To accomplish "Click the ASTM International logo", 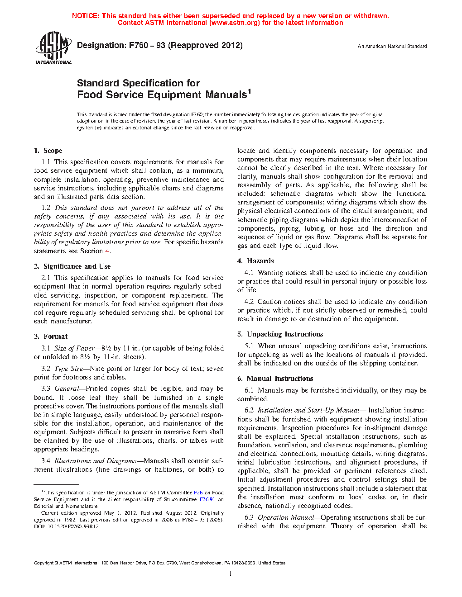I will pyautogui.click(x=53, y=47).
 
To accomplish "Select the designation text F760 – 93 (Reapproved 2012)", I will pyautogui.click(x=186, y=45).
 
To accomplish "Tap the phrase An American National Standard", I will pyautogui.click(x=392, y=46).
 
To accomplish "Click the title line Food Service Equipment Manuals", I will pyautogui.click(x=162, y=95).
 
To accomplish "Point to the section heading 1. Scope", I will pyautogui.click(x=48, y=151).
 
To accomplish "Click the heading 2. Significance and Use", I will pyautogui.click(x=72, y=266).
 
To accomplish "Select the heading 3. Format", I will pyautogui.click(x=51, y=336).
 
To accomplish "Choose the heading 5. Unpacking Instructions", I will pyautogui.click(x=280, y=334).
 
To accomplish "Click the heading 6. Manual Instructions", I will pyautogui.click(x=275, y=379).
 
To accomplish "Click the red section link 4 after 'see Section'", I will pyautogui.click(x=107, y=251).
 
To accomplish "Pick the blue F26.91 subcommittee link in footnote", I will pyautogui.click(x=207, y=500).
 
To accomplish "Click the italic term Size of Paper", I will pyautogui.click(x=74, y=348).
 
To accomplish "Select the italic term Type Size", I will pyautogui.click(x=68, y=369).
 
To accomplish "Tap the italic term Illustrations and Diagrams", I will pyautogui.click(x=95, y=461).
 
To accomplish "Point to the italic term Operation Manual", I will pyautogui.click(x=286, y=517).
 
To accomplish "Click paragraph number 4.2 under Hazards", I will pyautogui.click(x=249, y=302).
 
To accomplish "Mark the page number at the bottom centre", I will pyautogui.click(x=231, y=574).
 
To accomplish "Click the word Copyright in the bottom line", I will pyautogui.click(x=43, y=563).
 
